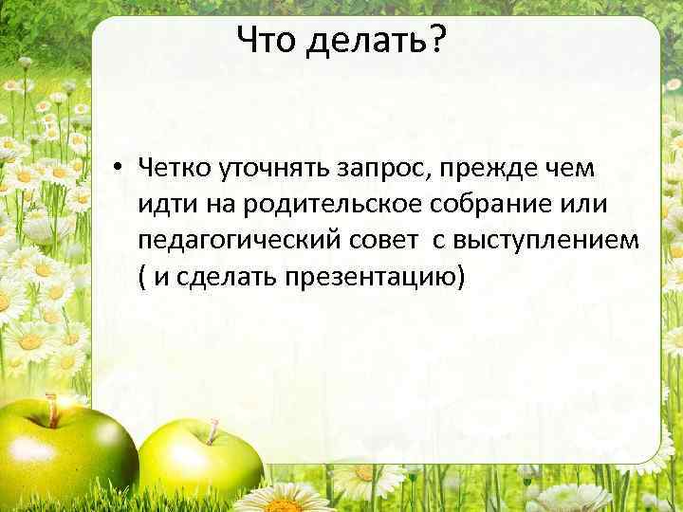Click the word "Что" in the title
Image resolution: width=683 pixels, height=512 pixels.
(267, 40)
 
